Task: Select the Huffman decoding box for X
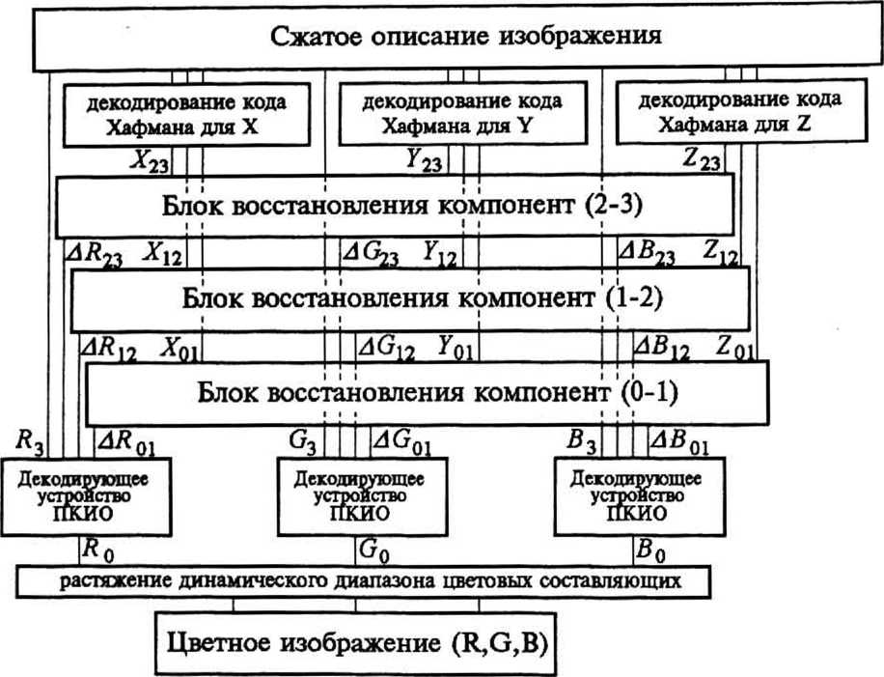point(188,114)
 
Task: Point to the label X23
point(150,161)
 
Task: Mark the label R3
point(30,441)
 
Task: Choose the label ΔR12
point(109,347)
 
